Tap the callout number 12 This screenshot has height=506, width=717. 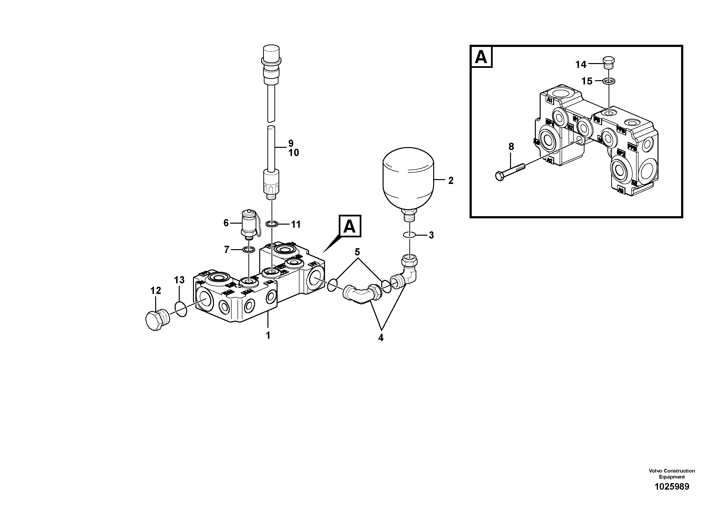coord(155,291)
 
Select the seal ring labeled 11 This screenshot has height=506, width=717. coord(272,224)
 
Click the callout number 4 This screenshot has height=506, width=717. coord(381,337)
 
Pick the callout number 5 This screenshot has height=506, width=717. coord(357,252)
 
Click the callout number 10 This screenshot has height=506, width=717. coord(293,153)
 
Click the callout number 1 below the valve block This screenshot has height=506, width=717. coord(268,335)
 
